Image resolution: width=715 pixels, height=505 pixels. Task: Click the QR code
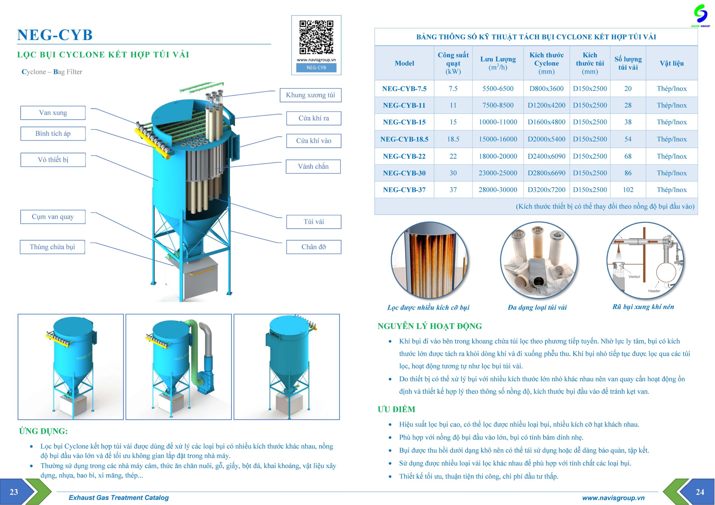pyautogui.click(x=316, y=37)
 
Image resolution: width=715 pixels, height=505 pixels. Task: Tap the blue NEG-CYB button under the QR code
pyautogui.click(x=316, y=68)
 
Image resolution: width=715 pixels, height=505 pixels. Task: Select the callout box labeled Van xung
pyautogui.click(x=53, y=113)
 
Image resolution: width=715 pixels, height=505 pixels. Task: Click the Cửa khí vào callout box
pyautogui.click(x=314, y=141)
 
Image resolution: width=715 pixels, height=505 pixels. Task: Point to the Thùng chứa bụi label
pyautogui.click(x=52, y=247)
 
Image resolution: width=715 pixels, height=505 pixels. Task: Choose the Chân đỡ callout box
pyautogui.click(x=314, y=247)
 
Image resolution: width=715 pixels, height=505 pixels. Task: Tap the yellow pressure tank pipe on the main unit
pyautogui.click(x=152, y=143)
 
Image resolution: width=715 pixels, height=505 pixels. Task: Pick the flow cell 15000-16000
pyautogui.click(x=498, y=139)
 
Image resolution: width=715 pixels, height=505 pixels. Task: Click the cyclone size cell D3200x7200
pyautogui.click(x=546, y=189)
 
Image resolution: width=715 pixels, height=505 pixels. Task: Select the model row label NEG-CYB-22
pyautogui.click(x=404, y=156)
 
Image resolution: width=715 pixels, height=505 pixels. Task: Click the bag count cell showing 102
pyautogui.click(x=628, y=189)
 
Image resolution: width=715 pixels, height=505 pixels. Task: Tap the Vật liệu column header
pyautogui.click(x=671, y=63)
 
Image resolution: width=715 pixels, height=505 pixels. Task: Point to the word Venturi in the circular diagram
pyautogui.click(x=634, y=276)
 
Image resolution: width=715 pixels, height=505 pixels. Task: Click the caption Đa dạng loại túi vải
pyautogui.click(x=537, y=307)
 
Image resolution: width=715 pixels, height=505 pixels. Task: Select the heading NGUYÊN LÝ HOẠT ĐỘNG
pyautogui.click(x=430, y=326)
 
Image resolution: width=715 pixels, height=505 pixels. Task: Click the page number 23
pyautogui.click(x=14, y=492)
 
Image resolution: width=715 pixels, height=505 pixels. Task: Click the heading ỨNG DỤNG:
pyautogui.click(x=43, y=431)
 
